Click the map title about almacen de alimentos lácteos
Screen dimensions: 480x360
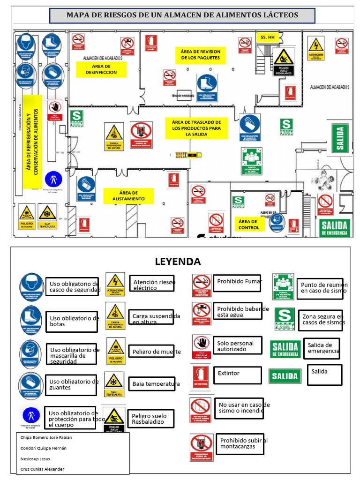point(182,15)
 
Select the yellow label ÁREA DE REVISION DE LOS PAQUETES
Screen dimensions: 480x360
point(201,55)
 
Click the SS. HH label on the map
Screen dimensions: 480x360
point(267,37)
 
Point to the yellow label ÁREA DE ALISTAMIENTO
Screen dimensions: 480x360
point(128,196)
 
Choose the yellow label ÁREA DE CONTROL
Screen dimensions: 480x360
point(248,224)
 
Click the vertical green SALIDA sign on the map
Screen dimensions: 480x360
point(340,138)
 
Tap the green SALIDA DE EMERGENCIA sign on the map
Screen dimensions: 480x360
point(334,227)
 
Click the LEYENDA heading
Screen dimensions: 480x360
point(178,262)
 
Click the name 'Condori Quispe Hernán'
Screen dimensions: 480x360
point(44,448)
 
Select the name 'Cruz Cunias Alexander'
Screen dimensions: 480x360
point(43,469)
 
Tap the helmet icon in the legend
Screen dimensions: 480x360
point(31,286)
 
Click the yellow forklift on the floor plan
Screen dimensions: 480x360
point(187,154)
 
